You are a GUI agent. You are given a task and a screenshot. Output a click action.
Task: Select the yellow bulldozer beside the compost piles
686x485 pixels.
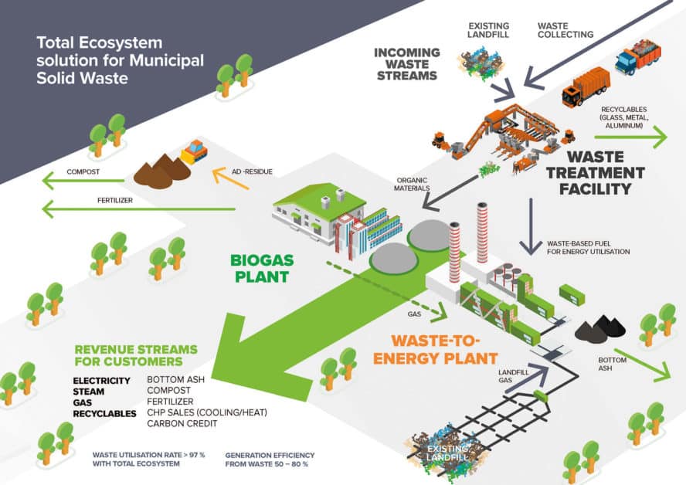click(x=193, y=151)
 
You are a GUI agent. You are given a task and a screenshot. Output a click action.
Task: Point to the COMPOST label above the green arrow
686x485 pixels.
click(x=83, y=171)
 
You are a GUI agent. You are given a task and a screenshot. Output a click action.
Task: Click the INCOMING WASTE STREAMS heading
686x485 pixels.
click(x=406, y=64)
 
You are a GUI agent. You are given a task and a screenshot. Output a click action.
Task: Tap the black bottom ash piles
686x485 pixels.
click(x=599, y=331)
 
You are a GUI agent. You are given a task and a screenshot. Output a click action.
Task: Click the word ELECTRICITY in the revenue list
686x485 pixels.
click(x=104, y=381)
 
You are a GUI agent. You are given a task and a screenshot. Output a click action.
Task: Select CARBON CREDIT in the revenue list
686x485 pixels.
click(x=182, y=423)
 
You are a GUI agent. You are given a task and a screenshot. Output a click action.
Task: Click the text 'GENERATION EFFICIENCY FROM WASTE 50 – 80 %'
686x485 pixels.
click(x=266, y=460)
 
